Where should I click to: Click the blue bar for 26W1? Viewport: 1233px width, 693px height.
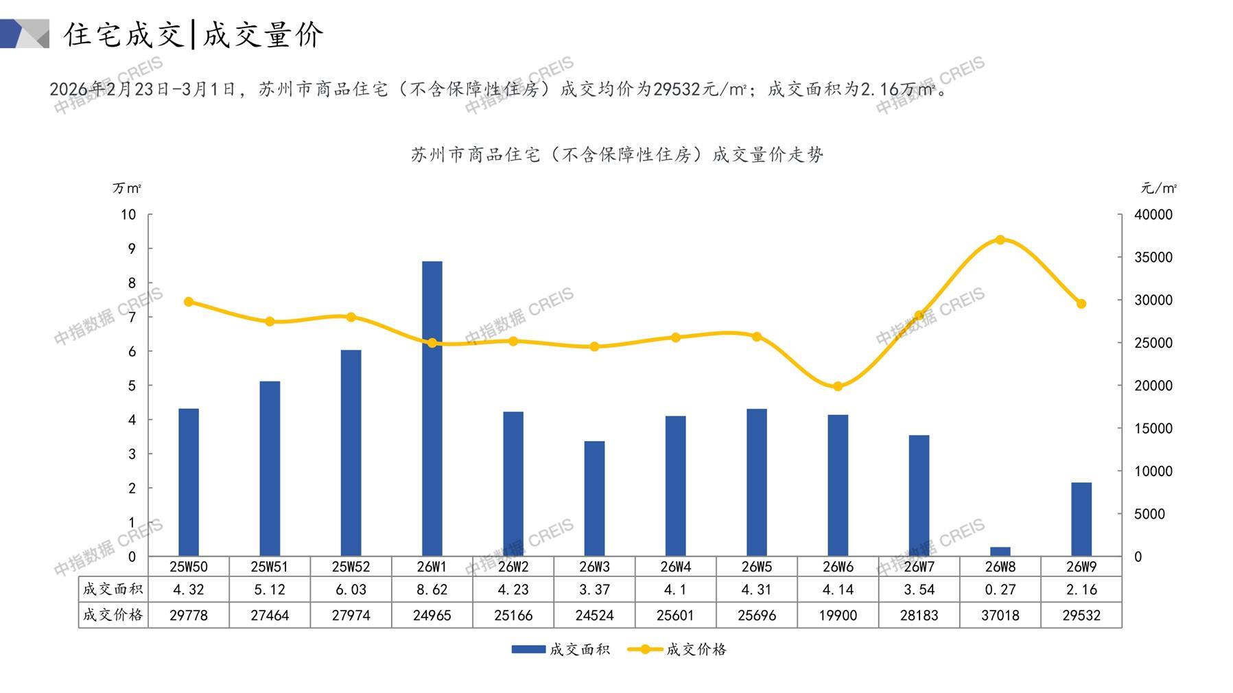click(432, 408)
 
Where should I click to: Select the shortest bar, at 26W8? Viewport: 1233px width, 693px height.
click(1000, 551)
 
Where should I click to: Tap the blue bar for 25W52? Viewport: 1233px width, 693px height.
click(351, 453)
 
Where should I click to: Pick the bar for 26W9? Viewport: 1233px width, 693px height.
click(1081, 519)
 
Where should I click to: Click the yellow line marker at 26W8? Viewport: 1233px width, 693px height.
click(1000, 240)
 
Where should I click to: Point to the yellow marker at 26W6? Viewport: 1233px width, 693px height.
click(838, 386)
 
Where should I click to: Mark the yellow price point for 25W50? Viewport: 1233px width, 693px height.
click(189, 302)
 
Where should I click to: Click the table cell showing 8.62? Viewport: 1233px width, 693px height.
click(432, 589)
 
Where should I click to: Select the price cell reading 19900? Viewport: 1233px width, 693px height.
click(838, 615)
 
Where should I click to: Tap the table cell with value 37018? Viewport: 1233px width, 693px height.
click(1000, 615)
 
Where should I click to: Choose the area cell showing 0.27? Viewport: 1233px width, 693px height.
click(1000, 589)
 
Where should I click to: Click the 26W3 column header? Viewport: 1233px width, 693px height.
click(594, 567)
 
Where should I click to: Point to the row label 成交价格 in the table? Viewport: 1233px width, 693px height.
click(113, 615)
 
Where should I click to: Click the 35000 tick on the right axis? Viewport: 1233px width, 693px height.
click(1153, 257)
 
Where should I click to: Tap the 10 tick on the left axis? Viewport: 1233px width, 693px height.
click(128, 215)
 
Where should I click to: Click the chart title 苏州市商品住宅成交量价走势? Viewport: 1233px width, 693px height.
click(617, 155)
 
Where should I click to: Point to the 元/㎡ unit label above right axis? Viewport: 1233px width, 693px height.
click(1158, 188)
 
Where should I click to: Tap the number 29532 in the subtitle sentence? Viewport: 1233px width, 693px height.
click(677, 90)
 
